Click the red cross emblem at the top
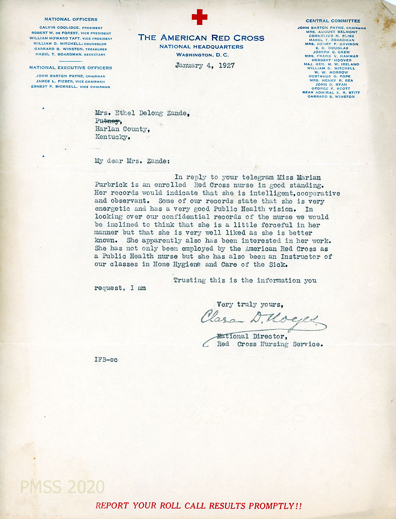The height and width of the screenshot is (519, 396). (x=199, y=17)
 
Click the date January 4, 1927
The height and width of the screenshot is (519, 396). (x=204, y=65)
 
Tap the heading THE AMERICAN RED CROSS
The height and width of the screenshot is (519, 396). (x=201, y=38)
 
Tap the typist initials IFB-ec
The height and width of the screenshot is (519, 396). (x=106, y=360)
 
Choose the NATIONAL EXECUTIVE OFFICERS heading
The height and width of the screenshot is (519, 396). (x=70, y=67)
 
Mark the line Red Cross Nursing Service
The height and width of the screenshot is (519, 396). (x=270, y=344)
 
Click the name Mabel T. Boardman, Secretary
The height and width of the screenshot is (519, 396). (x=70, y=54)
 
